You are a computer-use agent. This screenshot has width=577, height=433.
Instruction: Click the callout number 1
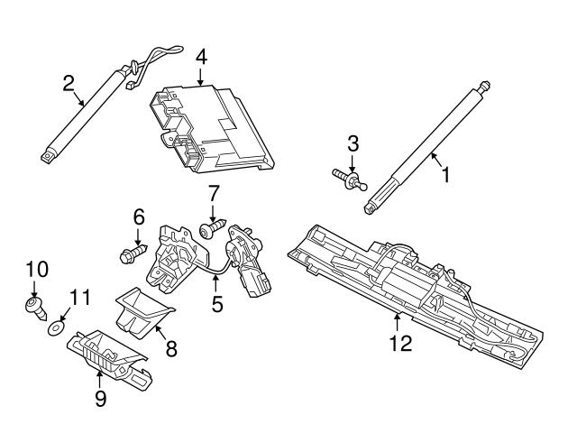coord(443,173)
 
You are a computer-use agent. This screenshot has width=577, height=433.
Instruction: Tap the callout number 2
coord(69,86)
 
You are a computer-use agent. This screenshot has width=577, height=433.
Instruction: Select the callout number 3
coord(353,143)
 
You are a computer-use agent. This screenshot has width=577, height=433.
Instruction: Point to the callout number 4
coord(201,57)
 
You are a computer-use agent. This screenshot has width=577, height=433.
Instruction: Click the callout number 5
coord(217,304)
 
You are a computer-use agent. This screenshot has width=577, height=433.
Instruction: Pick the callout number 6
coord(139,216)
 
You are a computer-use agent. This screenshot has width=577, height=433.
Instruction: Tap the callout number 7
coord(214,194)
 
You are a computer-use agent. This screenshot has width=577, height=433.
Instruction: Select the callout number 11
coord(80,295)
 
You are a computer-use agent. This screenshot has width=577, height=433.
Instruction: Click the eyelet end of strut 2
coord(46,156)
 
